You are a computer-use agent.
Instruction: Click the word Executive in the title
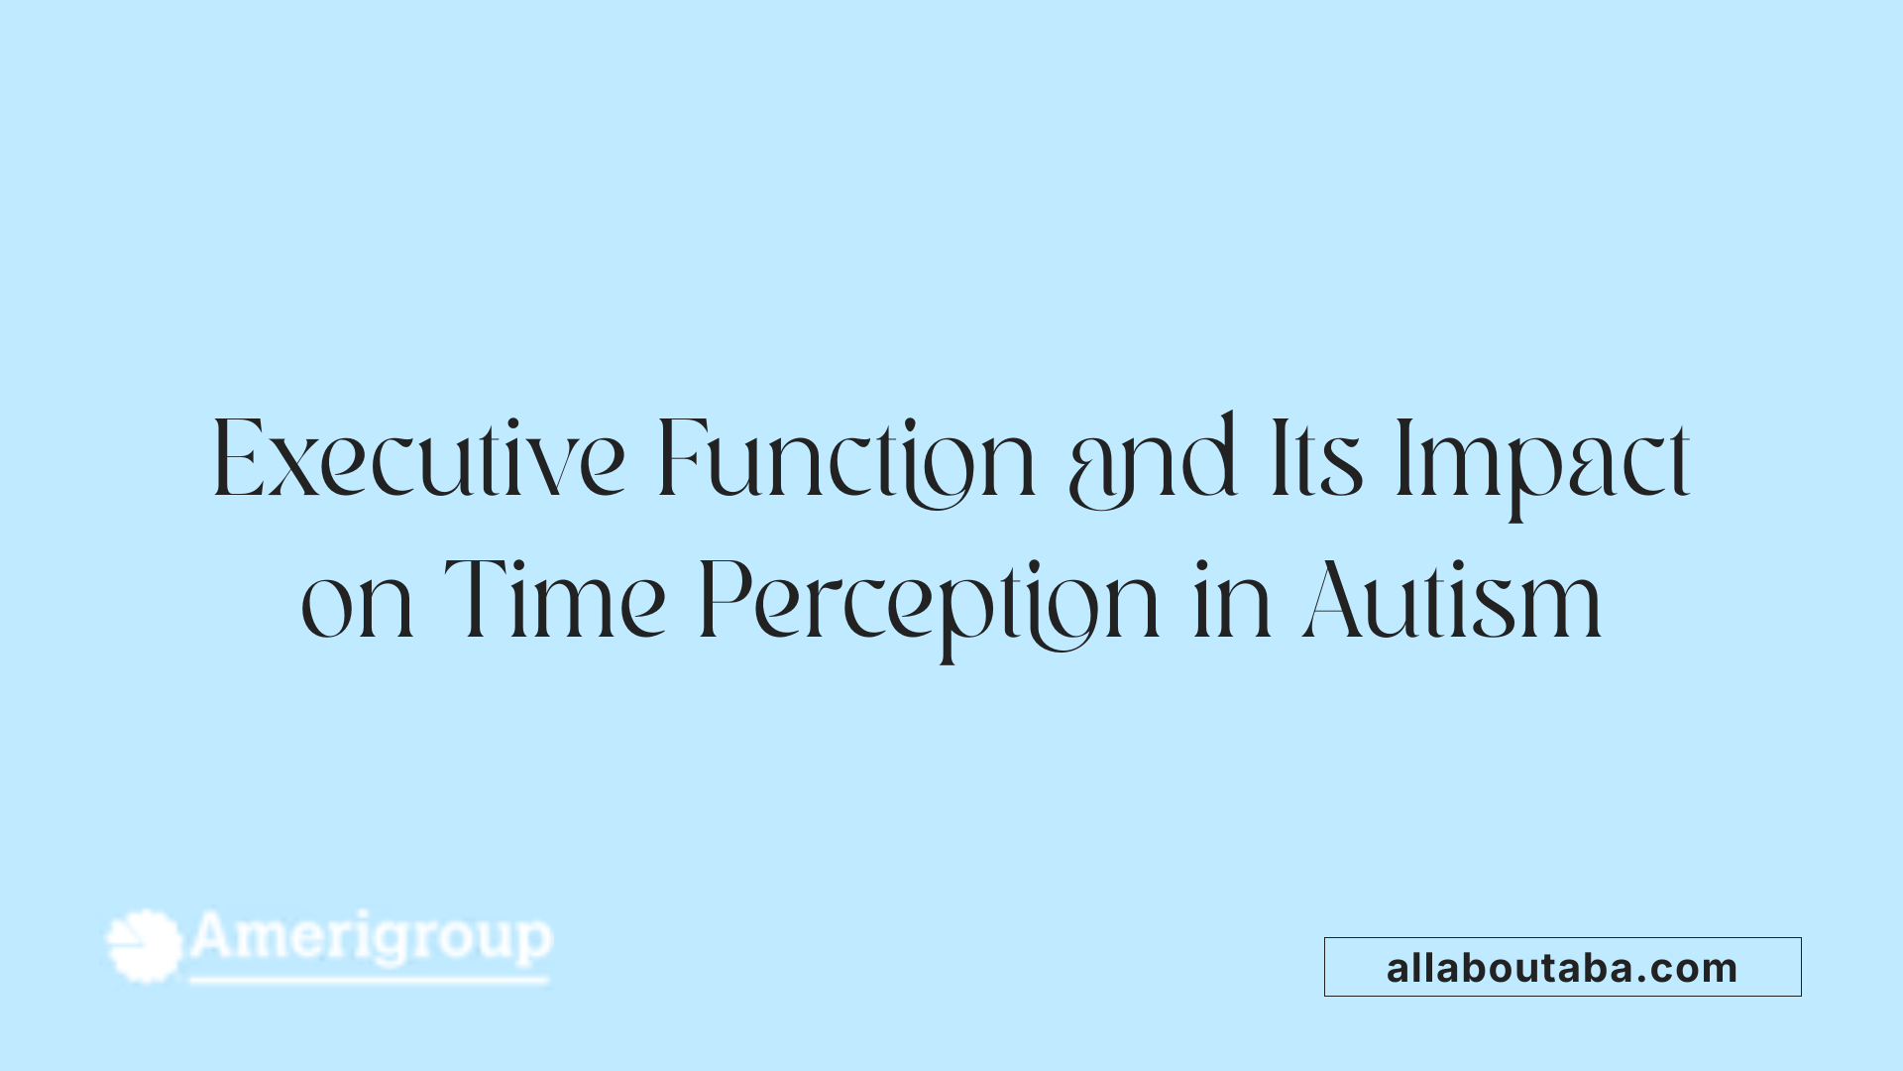(418, 460)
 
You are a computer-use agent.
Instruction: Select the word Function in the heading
(845, 460)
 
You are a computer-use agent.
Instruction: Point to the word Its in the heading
(1316, 460)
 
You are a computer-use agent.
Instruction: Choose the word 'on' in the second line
(357, 603)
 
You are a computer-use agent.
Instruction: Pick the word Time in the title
(555, 599)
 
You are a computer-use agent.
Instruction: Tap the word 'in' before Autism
(1232, 601)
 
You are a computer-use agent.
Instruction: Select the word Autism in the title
(1452, 601)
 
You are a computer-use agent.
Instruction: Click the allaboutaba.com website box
(1562, 967)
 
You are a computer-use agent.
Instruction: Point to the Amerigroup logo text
(371, 938)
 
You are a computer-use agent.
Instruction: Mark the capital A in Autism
(1333, 600)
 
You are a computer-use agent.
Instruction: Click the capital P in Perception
(720, 600)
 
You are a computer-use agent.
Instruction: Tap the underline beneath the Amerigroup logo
(369, 981)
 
